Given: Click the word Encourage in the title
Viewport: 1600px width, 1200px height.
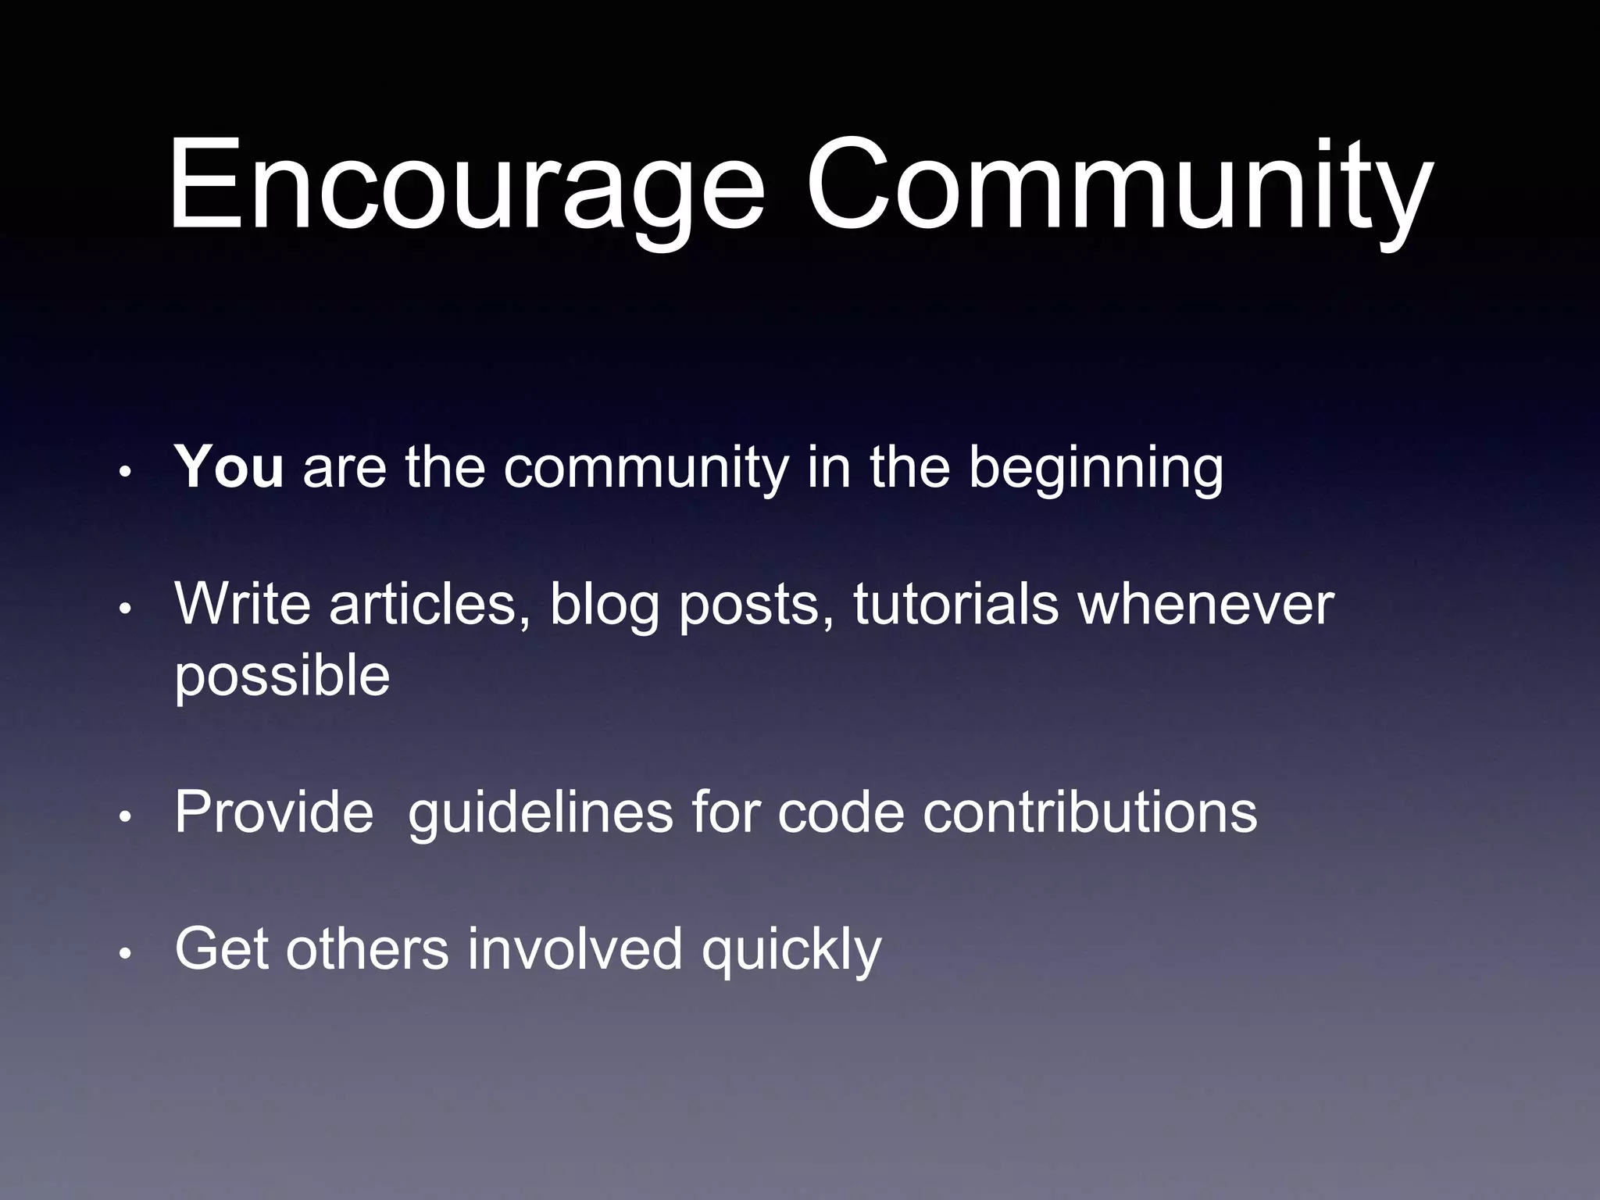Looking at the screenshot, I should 466,187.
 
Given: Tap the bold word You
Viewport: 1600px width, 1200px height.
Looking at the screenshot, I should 229,468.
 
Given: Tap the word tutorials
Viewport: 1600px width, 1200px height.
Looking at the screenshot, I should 955,605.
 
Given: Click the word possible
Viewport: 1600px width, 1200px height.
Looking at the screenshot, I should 282,677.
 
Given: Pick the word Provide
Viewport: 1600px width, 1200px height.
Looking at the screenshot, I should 274,812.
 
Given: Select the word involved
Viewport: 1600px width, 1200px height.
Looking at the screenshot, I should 575,949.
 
